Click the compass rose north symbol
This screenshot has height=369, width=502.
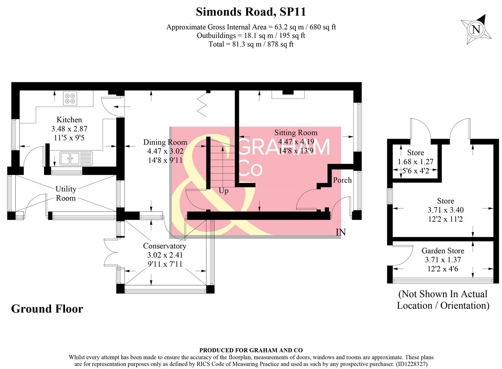tap(476, 29)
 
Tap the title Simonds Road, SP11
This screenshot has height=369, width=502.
tap(250, 12)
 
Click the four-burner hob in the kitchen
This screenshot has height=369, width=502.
tap(70, 98)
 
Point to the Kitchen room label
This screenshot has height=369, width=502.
tap(69, 120)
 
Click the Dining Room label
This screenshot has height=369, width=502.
tap(165, 142)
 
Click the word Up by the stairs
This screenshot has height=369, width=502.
tap(223, 191)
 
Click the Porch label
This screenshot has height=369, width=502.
tap(342, 180)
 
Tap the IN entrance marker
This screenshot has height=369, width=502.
tap(341, 232)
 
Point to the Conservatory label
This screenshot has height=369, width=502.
tap(165, 246)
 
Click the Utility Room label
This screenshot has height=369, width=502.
tap(66, 193)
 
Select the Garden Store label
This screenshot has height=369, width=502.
tap(443, 251)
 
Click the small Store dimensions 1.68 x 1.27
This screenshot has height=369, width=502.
tap(415, 162)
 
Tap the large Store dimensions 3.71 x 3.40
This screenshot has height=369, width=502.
tap(445, 210)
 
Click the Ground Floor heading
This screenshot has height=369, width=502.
tap(47, 309)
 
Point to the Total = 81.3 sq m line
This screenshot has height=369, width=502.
tap(251, 44)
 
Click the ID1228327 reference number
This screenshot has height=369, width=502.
tap(411, 364)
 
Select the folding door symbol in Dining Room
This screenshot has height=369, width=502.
tap(202, 104)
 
